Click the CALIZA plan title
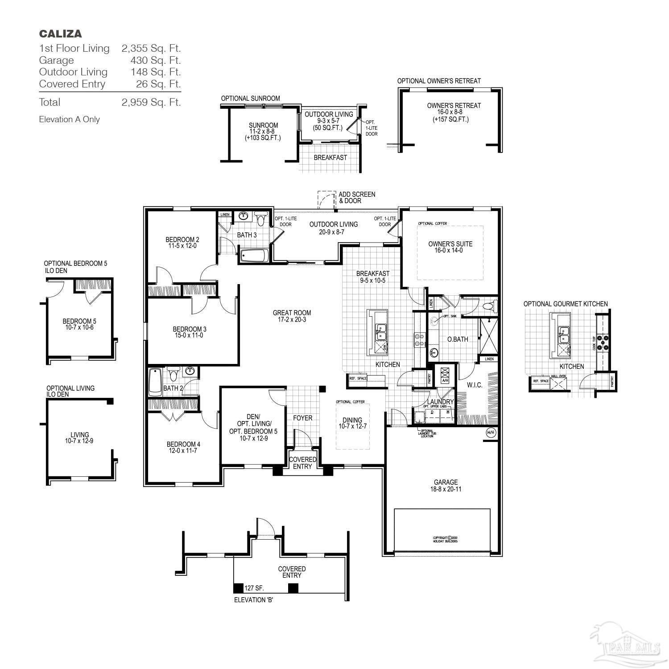click(x=60, y=33)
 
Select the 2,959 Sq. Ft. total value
click(x=151, y=102)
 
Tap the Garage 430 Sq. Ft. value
click(x=151, y=60)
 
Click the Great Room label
click(x=292, y=316)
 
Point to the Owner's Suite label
click(x=450, y=247)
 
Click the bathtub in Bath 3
click(x=254, y=256)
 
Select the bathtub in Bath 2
click(x=155, y=382)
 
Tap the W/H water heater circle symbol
click(x=491, y=433)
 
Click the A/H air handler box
click(x=445, y=375)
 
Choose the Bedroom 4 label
click(x=183, y=447)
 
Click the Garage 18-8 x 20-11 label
click(x=446, y=485)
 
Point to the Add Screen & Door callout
click(x=356, y=198)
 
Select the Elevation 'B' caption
click(x=253, y=600)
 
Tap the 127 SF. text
click(x=254, y=588)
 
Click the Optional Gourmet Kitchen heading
click(x=565, y=304)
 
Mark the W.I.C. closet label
click(x=475, y=385)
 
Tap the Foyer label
click(x=302, y=418)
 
